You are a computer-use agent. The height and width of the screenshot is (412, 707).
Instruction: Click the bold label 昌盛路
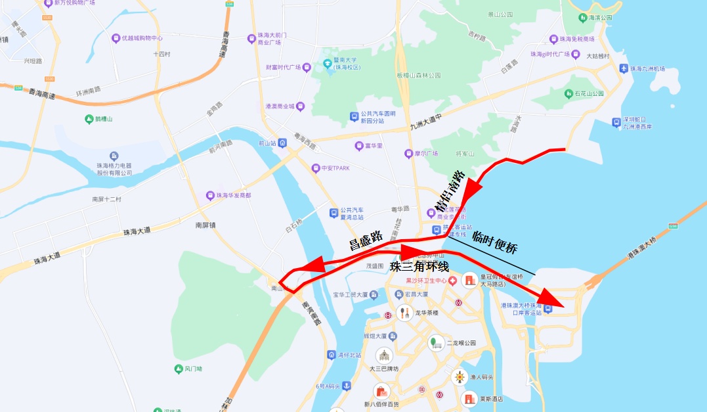pyautogui.click(x=366, y=240)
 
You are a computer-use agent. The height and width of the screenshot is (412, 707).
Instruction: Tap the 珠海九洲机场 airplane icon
pyautogui.click(x=624, y=68)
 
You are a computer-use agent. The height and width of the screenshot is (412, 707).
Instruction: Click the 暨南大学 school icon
pyautogui.click(x=327, y=64)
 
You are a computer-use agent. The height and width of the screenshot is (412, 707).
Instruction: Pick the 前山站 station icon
pyautogui.click(x=282, y=143)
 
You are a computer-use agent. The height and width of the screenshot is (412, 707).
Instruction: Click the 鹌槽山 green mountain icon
pyautogui.click(x=89, y=119)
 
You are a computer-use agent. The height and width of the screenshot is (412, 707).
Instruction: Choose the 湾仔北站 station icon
pyautogui.click(x=332, y=355)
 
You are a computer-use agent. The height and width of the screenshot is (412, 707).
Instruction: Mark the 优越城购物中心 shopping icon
pyautogui.click(x=116, y=38)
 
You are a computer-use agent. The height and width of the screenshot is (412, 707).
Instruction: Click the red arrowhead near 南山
pyautogui.click(x=311, y=264)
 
